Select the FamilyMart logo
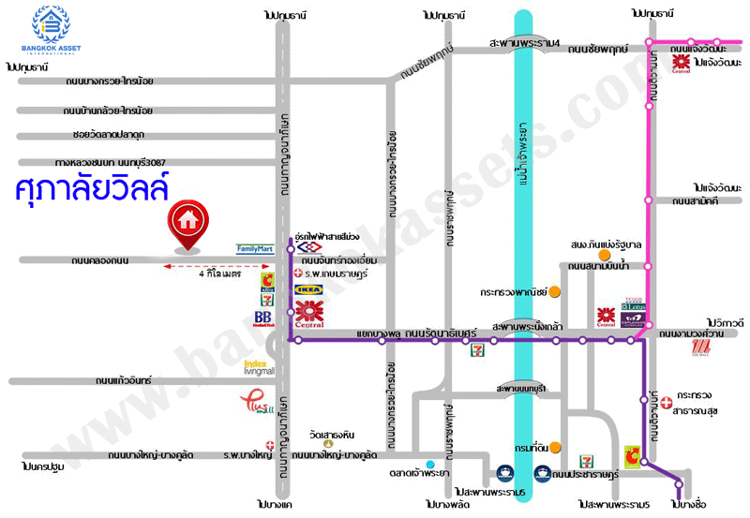coord(255,249)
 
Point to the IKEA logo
coord(309,291)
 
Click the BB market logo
coord(263,318)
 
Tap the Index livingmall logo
coord(258,367)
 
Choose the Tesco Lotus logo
coord(634,304)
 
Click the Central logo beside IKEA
coord(309,314)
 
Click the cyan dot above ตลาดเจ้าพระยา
coord(429,465)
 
